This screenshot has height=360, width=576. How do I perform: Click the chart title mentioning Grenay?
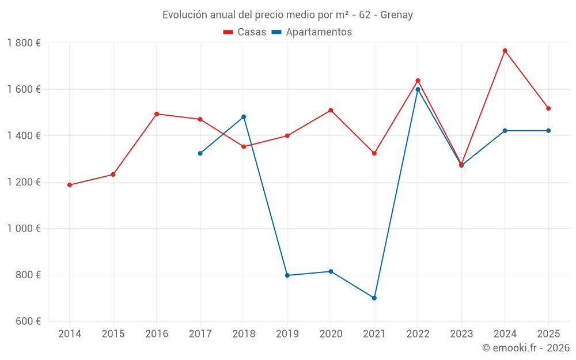point(287,15)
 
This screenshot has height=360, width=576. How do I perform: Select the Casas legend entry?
point(245,32)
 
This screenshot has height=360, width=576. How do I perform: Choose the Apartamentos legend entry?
point(312,32)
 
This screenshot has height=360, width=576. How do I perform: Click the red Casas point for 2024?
point(505,51)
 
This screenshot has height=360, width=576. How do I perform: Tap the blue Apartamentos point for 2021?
point(374,298)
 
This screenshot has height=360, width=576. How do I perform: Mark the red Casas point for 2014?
point(70,185)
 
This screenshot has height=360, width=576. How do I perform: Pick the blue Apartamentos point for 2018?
point(244,117)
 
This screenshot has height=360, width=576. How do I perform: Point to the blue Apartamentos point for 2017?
point(200,153)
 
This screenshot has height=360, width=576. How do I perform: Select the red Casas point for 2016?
point(157,114)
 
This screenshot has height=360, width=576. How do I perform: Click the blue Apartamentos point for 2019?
point(287,275)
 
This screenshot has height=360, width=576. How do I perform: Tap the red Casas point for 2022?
point(418,81)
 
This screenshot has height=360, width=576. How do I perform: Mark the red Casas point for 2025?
point(548,108)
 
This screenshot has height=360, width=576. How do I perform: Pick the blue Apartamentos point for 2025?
point(548,131)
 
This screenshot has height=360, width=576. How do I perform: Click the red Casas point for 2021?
point(374,153)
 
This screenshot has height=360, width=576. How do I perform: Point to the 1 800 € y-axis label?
point(24,43)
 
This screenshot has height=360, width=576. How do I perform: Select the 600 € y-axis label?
point(27,321)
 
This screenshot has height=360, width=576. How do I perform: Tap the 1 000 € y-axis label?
point(24,229)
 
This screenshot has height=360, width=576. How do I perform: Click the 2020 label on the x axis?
point(331,334)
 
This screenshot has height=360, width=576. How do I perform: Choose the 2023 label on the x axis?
point(461,334)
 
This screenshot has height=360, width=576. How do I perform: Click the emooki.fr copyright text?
point(525,348)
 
